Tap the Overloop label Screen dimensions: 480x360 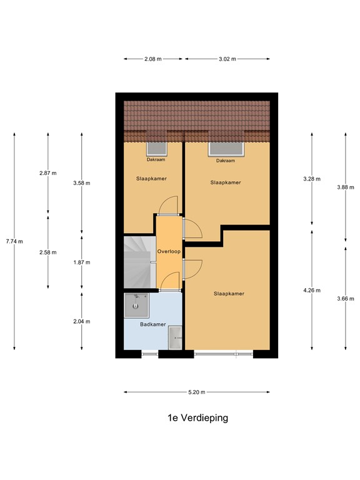[169, 251]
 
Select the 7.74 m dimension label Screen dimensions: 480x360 [14, 242]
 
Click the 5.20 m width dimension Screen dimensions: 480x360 [196, 392]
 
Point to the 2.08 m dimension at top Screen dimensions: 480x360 [152, 59]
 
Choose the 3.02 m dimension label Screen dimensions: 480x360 [227, 59]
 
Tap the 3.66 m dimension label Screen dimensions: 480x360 [346, 298]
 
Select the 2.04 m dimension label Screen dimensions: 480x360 [82, 321]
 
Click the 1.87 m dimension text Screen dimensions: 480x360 [82, 263]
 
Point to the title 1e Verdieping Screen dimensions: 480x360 [197, 418]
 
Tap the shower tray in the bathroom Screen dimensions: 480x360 [136, 306]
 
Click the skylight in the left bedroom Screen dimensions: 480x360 [156, 149]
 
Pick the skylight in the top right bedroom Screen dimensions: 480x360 [226, 149]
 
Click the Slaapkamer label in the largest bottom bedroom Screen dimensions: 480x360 [228, 293]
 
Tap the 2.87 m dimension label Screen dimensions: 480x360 [48, 172]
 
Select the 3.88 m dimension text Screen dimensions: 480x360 [346, 187]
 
